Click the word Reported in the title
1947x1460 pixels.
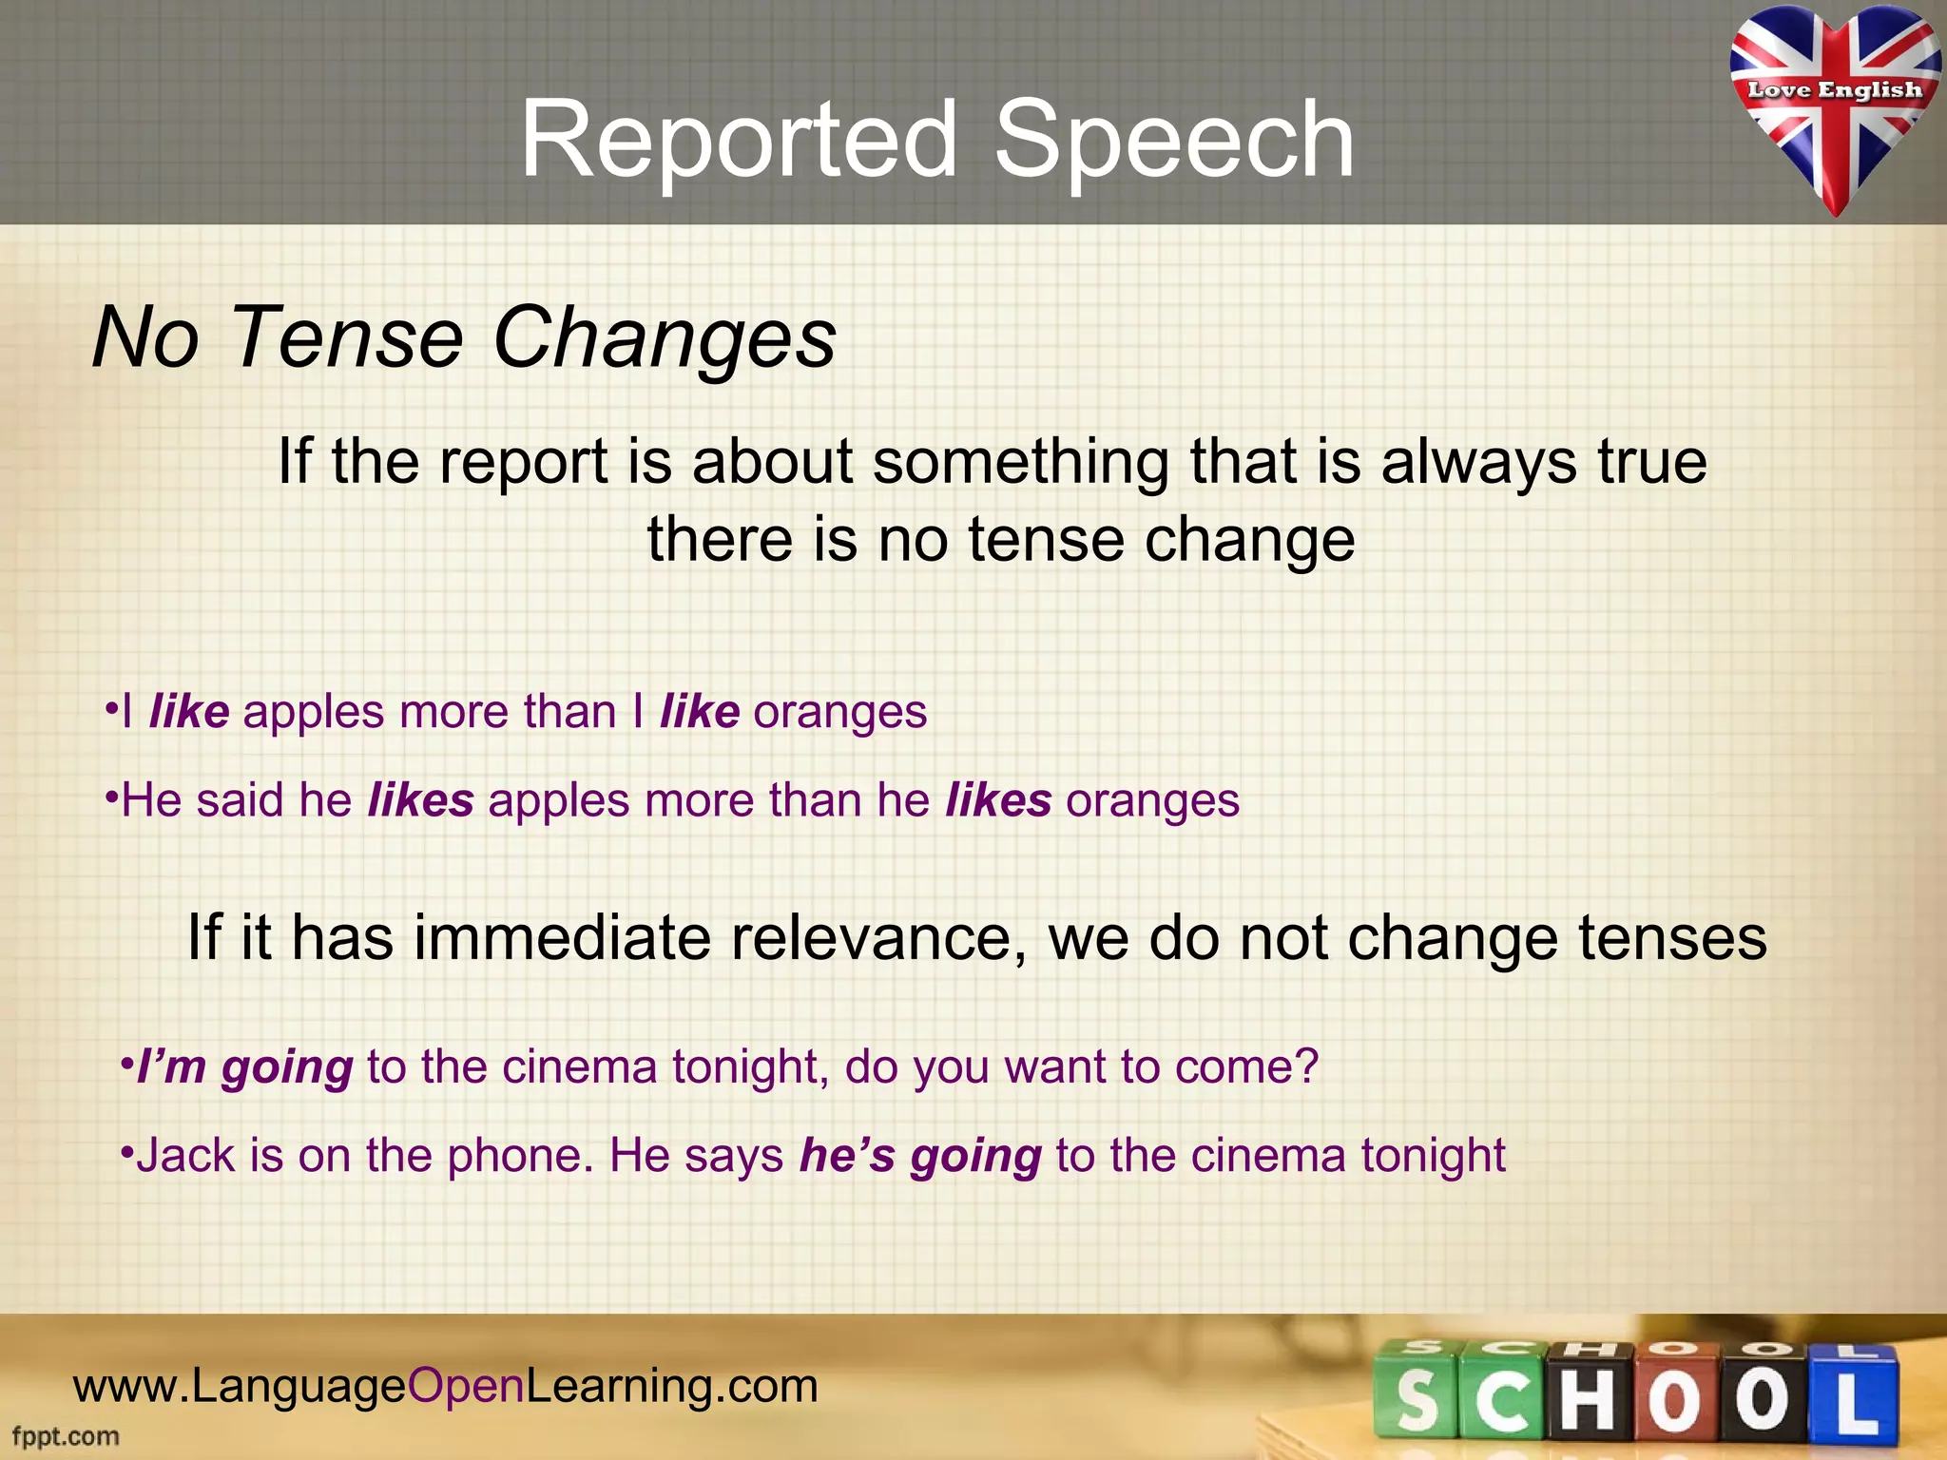tap(738, 141)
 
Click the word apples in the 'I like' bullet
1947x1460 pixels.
tap(314, 712)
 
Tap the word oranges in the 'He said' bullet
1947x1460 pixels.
tap(1152, 800)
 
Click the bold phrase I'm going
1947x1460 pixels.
tap(244, 1067)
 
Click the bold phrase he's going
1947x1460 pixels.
tap(920, 1156)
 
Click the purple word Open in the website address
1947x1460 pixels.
tap(466, 1386)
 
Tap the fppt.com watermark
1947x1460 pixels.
tap(66, 1436)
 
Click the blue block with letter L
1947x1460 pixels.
tap(1855, 1397)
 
